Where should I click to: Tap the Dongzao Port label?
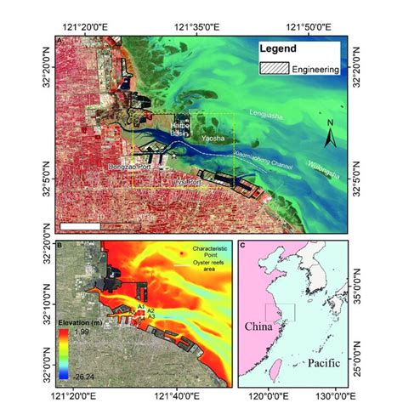(133, 167)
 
